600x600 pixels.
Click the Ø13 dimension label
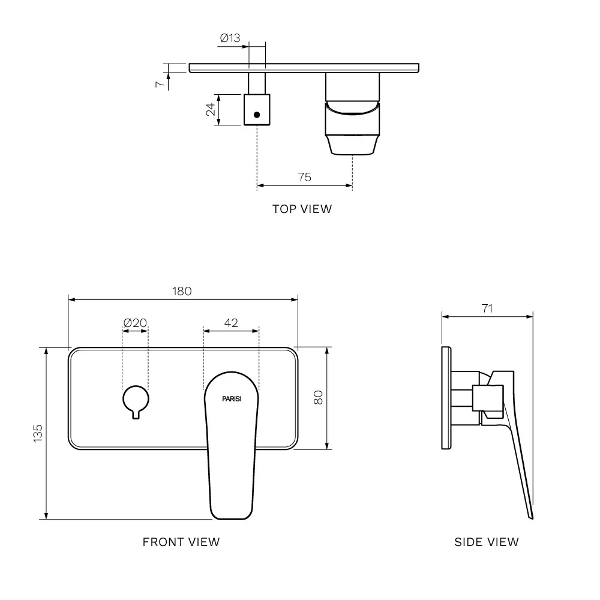tap(230, 38)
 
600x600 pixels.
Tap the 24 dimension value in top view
tap(211, 110)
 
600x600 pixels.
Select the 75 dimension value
tap(305, 177)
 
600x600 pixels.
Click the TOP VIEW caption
tap(302, 209)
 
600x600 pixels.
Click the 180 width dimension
tap(182, 291)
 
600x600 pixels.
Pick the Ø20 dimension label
tap(135, 323)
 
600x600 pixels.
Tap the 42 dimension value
tap(231, 323)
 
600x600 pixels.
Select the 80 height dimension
tap(318, 398)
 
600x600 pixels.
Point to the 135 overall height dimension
tap(38, 434)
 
